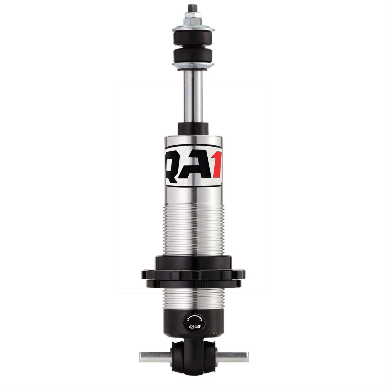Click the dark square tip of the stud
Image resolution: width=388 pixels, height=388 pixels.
pos(193,6)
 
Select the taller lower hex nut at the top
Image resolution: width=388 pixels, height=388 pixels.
pos(193,21)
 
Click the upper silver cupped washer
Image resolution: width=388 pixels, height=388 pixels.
pos(193,29)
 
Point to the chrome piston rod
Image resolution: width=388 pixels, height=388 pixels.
pos(193,96)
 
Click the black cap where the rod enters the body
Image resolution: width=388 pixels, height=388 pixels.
pos(193,128)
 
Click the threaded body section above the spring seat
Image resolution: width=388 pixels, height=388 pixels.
pos(193,230)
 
